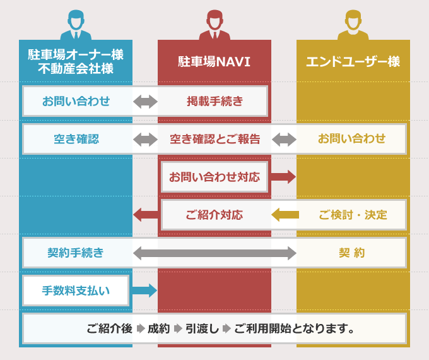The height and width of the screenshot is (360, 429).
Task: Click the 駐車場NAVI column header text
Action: tap(214, 62)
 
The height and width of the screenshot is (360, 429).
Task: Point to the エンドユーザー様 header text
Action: tap(353, 62)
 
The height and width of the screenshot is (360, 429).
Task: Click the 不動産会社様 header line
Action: tap(76, 69)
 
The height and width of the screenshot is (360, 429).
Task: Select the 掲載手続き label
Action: tap(215, 101)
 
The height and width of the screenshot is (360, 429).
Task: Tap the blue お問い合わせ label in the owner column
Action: tap(76, 101)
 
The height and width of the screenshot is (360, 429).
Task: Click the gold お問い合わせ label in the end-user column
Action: tap(351, 139)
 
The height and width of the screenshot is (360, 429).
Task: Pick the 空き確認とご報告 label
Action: tap(215, 139)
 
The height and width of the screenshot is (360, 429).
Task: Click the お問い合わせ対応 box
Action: tap(214, 177)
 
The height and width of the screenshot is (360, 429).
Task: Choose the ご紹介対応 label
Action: tap(214, 215)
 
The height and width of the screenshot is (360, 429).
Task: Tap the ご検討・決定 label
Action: tap(353, 215)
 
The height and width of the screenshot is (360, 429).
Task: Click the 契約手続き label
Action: tap(76, 253)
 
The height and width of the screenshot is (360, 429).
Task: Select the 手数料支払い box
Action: tap(76, 291)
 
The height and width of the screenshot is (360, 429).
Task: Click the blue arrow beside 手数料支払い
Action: tap(144, 291)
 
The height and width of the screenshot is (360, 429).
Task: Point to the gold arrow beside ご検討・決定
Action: tap(285, 215)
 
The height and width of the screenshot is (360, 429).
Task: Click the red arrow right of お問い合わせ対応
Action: tap(283, 177)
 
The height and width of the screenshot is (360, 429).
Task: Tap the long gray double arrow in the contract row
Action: tap(214, 253)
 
